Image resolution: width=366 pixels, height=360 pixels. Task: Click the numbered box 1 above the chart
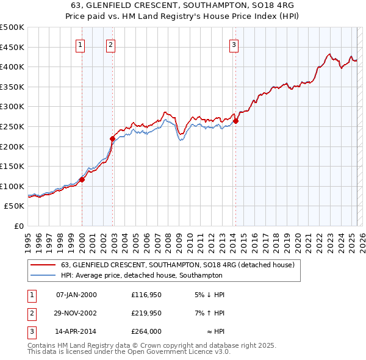[81, 44]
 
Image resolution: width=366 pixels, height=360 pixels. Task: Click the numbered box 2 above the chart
[110, 44]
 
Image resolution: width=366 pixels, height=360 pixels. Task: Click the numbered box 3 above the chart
[234, 44]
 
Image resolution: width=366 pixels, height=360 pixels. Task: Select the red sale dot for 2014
[235, 121]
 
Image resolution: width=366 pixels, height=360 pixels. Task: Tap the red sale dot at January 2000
[82, 179]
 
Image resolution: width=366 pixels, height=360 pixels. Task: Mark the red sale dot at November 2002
[113, 139]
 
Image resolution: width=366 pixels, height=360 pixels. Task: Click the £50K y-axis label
[15, 206]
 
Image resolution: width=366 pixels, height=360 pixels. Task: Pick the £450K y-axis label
[12, 47]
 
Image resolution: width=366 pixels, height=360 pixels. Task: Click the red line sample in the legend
[42, 265]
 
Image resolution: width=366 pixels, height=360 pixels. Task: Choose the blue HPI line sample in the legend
[42, 275]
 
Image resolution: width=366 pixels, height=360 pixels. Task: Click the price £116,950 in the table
[145, 295]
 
